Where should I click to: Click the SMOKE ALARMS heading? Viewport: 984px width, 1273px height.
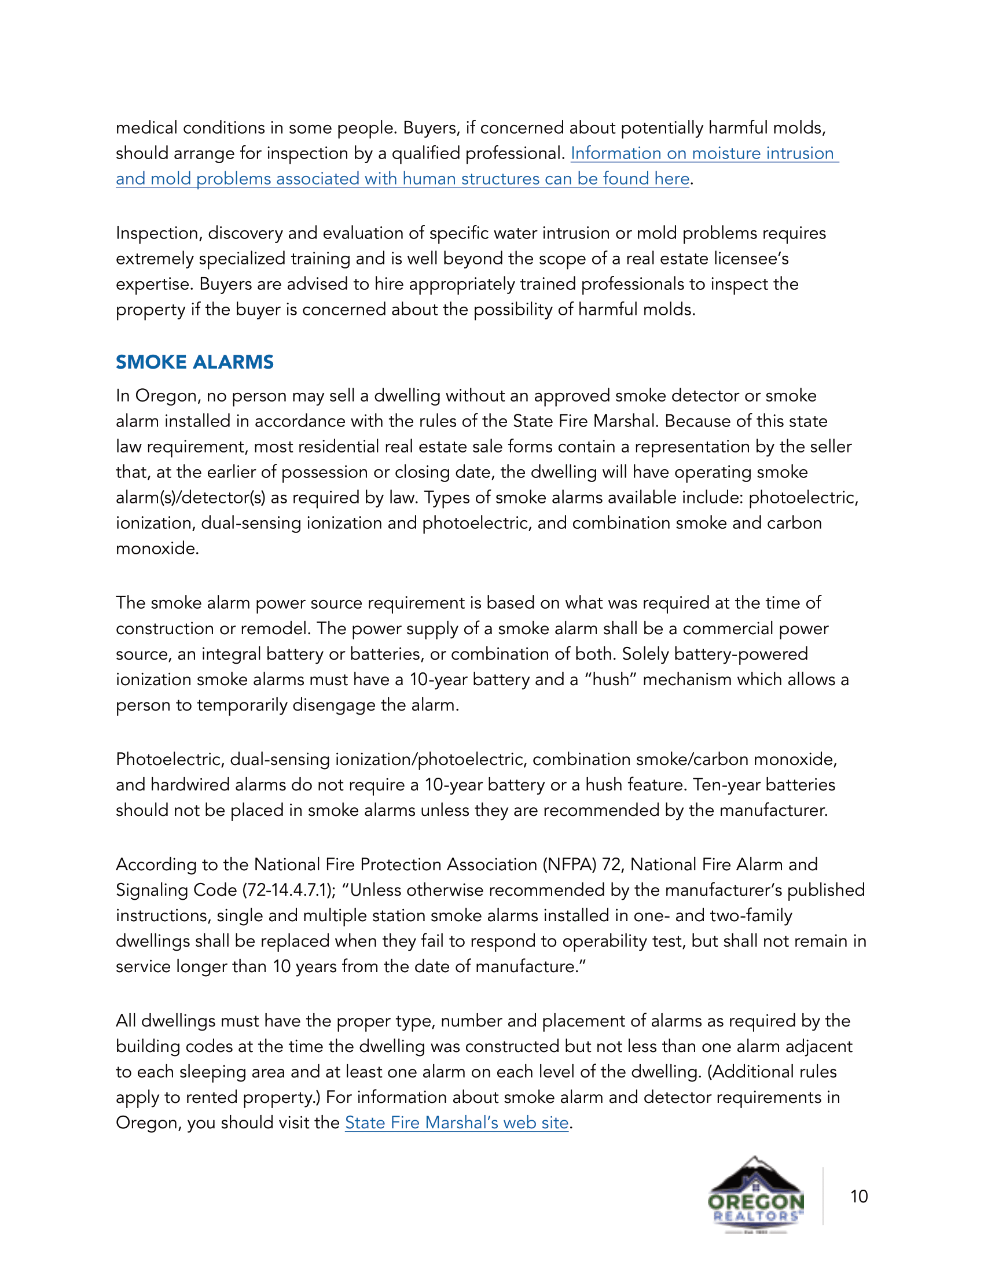click(x=194, y=362)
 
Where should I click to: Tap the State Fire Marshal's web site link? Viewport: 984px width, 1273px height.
click(x=457, y=1123)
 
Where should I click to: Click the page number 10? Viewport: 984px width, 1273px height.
click(x=858, y=1197)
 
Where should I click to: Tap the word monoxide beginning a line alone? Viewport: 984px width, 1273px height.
click(x=156, y=549)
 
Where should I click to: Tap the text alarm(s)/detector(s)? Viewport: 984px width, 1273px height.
click(x=190, y=498)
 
